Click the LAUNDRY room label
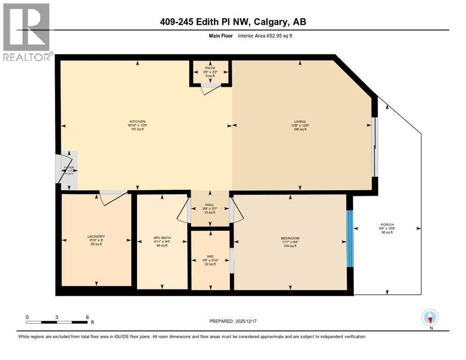point(96,236)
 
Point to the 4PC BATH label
point(163,238)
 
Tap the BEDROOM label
point(290,238)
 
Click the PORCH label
point(387,224)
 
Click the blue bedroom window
point(349,238)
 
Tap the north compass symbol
point(429,318)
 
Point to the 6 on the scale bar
point(87,317)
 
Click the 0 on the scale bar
point(27,317)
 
